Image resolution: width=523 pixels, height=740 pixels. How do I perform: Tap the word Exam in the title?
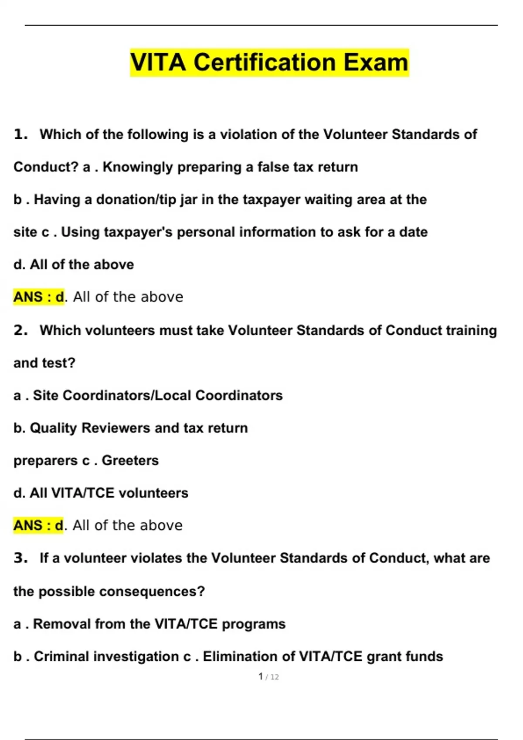(376, 62)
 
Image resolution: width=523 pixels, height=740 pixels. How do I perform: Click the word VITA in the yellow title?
(158, 62)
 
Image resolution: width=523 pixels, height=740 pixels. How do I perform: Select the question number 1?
(20, 135)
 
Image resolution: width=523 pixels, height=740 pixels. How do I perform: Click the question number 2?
(20, 330)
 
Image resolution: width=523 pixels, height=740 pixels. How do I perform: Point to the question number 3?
(20, 558)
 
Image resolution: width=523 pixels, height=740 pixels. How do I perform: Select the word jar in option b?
(188, 200)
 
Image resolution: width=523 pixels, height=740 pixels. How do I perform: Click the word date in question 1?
(413, 232)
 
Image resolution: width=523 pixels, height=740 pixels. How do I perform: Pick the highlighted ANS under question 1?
(28, 297)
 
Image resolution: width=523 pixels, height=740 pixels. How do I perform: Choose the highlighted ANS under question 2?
(28, 525)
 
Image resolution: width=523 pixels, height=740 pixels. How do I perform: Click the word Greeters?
(130, 461)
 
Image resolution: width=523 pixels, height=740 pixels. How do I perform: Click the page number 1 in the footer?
(261, 676)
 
